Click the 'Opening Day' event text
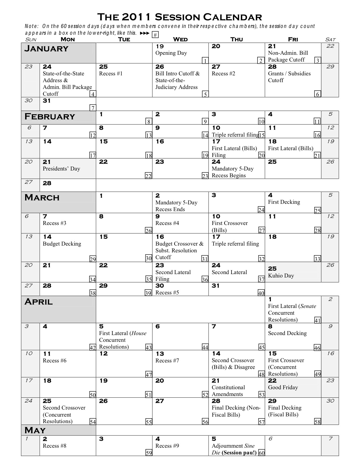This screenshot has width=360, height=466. coord(171,53)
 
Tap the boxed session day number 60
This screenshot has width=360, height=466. coord(261,453)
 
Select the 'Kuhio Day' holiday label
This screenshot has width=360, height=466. coord(281,276)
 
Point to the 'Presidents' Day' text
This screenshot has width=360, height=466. coord(61,169)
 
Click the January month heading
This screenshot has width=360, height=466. coord(46,49)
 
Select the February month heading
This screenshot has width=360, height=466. coord(50,117)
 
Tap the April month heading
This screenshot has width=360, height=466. coord(38,302)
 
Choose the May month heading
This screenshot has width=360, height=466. coord(35,430)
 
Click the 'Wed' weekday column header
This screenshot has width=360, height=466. coord(180,39)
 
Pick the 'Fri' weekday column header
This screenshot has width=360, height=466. coord(293,39)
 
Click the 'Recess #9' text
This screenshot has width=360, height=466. coord(167,446)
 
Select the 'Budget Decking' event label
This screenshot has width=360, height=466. coord(62,244)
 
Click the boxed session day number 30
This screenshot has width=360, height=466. coord(149,258)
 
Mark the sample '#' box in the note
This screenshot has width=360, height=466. coord(155,35)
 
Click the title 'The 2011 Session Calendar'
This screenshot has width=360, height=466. coord(180,17)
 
